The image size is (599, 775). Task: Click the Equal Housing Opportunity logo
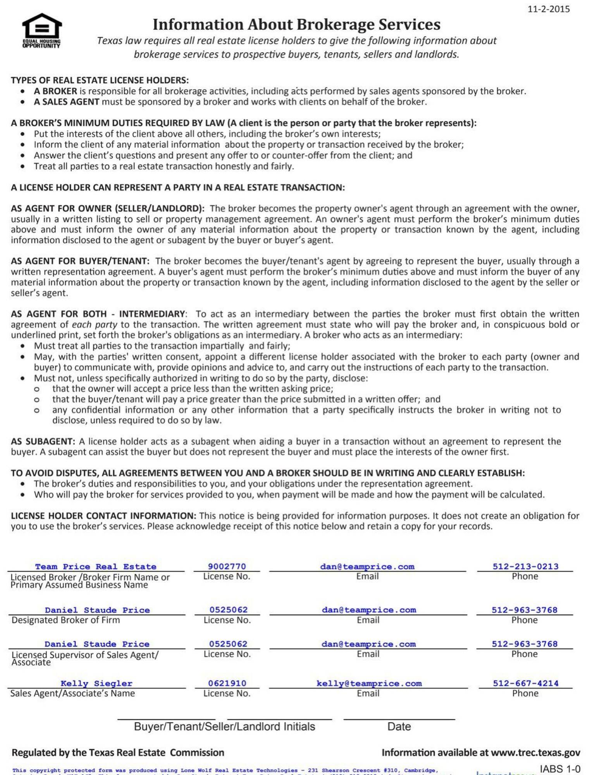(41, 30)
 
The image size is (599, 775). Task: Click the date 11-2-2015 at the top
(548, 9)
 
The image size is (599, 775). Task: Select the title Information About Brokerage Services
(296, 24)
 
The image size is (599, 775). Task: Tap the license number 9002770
(227, 567)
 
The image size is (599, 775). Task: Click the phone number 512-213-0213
(525, 567)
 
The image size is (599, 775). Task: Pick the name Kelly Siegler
(96, 684)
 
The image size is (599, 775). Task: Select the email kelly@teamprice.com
(369, 684)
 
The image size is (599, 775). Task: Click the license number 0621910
(227, 684)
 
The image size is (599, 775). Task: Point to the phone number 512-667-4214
(525, 684)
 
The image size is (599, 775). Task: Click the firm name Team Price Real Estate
(96, 567)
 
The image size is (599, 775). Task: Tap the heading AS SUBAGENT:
(43, 441)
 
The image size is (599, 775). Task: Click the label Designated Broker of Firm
(66, 620)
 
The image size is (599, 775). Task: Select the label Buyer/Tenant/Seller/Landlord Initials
(224, 727)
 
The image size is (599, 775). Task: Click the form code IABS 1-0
(560, 769)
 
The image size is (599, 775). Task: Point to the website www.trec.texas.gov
(535, 753)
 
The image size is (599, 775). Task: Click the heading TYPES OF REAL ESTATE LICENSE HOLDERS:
(100, 80)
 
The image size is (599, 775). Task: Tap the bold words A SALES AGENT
(67, 102)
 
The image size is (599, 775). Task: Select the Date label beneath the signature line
(399, 727)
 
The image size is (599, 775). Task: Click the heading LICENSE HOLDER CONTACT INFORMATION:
(103, 516)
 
